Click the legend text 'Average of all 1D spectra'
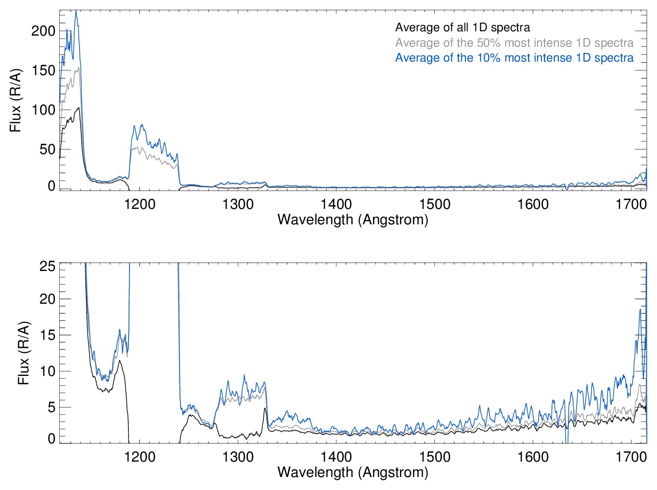[x=463, y=27]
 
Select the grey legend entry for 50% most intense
[x=514, y=43]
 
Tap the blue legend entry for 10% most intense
[x=514, y=58]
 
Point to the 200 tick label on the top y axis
[x=43, y=31]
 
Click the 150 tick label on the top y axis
[x=43, y=71]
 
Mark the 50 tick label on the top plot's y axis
[x=47, y=150]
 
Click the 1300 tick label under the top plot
[x=238, y=204]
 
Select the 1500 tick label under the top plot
[x=435, y=204]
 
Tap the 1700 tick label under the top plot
[x=631, y=204]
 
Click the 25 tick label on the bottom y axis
[x=47, y=266]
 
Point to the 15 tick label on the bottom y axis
[x=47, y=335]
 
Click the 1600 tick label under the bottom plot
[x=533, y=456]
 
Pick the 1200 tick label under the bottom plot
[x=140, y=456]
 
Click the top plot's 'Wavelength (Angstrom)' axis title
[x=353, y=220]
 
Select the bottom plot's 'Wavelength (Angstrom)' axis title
[x=353, y=472]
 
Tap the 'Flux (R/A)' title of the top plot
[x=15, y=101]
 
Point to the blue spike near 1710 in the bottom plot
[x=640, y=310]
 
